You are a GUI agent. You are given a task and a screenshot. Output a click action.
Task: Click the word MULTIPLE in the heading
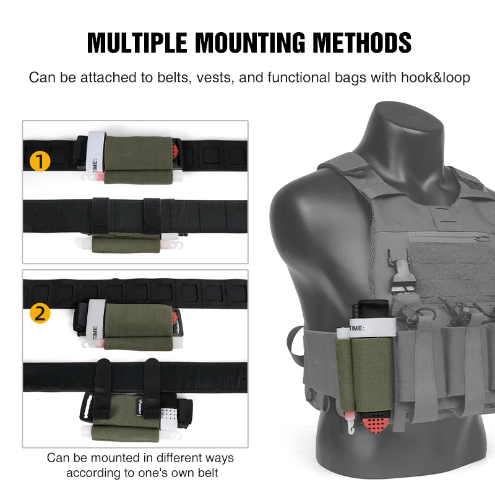pos(137,43)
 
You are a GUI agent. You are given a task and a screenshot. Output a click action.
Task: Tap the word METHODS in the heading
pos(362,43)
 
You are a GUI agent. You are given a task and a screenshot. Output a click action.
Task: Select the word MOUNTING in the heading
pos(251,43)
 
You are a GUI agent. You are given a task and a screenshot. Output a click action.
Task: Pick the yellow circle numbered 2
pos(40,314)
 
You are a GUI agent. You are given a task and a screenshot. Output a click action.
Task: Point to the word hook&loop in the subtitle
pos(436,78)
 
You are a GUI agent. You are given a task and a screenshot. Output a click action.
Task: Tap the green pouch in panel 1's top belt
pos(138,160)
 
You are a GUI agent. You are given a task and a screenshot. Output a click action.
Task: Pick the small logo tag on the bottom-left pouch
pos(140,407)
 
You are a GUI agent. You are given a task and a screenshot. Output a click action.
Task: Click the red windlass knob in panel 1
pos(176,148)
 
